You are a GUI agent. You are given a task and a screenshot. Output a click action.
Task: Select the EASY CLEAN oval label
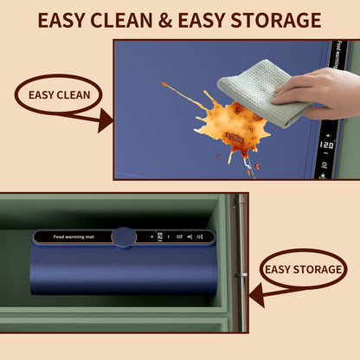coord(59,94)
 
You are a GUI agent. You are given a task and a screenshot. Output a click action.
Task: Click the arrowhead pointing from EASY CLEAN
coord(106,119)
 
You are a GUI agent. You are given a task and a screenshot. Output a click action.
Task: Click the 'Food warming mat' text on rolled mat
coord(72,235)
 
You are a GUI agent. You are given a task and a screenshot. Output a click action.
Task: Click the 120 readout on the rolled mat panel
coord(160,235)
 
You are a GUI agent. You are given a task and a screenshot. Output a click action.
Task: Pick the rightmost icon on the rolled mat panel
coord(201,235)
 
